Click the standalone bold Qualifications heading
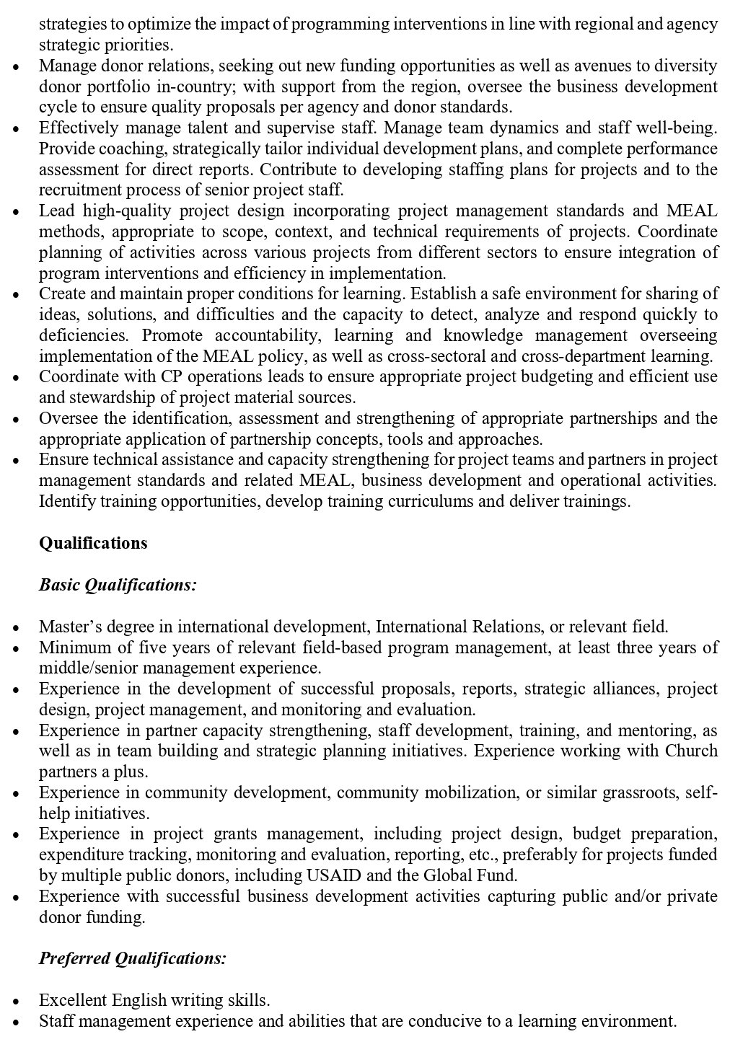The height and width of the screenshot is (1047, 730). [93, 543]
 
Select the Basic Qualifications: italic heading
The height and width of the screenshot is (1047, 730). [118, 584]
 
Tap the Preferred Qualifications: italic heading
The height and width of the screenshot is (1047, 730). [133, 958]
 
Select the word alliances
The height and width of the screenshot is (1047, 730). [621, 689]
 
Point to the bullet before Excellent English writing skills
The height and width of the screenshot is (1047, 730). [17, 1001]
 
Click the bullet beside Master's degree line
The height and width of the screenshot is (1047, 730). [17, 627]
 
